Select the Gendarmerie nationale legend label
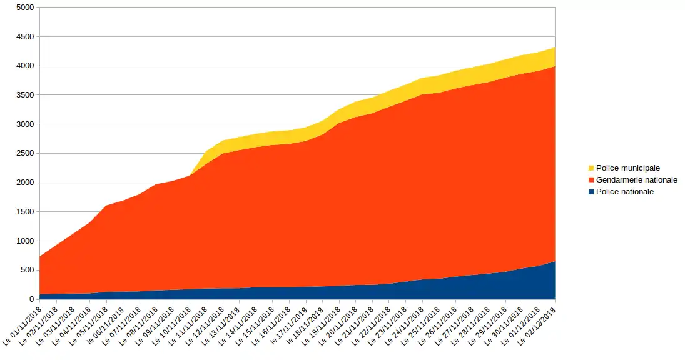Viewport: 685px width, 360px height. [x=636, y=180]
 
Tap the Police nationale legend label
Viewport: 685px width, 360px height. [x=624, y=192]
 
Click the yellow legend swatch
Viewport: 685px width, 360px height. [x=591, y=168]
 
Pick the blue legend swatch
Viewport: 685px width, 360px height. [x=591, y=192]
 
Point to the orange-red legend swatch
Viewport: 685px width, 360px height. [x=591, y=180]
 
